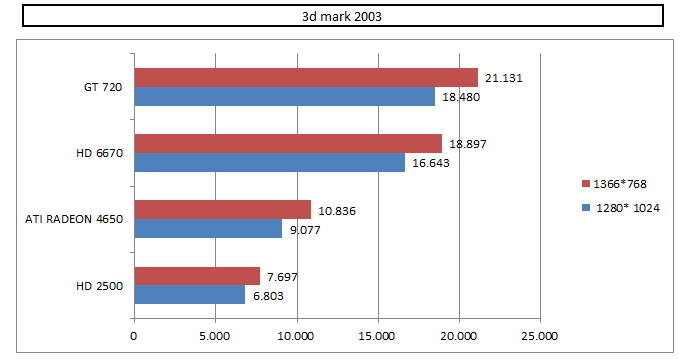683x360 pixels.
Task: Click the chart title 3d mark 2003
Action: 342,17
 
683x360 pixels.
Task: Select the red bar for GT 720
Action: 306,78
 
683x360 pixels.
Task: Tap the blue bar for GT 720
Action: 284,96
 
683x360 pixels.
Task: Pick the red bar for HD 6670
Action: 288,144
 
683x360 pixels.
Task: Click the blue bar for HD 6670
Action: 270,163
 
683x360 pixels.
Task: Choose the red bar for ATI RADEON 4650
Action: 223,210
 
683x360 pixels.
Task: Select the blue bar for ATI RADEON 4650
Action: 208,228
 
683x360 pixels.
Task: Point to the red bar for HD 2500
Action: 197,276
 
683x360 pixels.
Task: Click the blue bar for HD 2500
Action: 189,295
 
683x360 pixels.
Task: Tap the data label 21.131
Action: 504,78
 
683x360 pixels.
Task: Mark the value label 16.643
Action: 431,163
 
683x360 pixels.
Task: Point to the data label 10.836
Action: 337,211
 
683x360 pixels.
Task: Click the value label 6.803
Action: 268,296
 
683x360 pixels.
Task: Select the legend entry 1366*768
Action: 614,184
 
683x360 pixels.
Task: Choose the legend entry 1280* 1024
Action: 621,208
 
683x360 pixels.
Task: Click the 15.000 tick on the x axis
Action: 377,336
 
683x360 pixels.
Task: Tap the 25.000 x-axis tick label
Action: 539,336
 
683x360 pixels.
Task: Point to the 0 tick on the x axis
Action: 134,336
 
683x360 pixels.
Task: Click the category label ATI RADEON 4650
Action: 74,219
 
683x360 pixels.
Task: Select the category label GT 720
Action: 103,87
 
